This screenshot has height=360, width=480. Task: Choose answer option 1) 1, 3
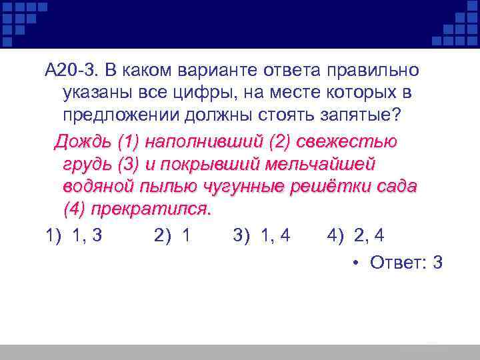pyautogui.click(x=74, y=235)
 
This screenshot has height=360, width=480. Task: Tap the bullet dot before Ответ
pyautogui.click(x=357, y=263)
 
